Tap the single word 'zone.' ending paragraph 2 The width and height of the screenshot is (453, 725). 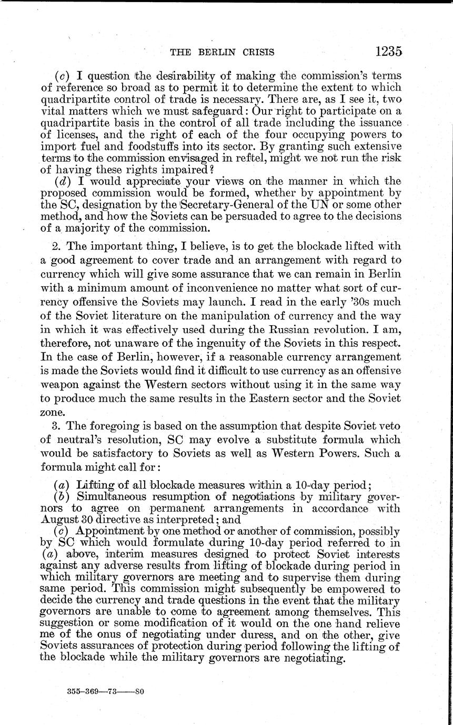pos(52,411)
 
